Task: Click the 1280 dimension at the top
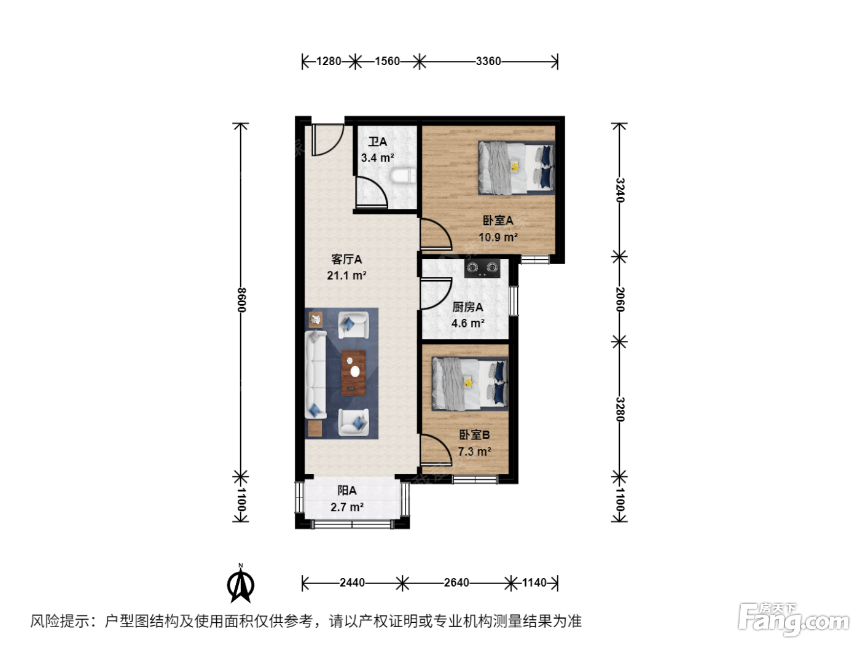pos(328,61)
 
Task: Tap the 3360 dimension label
pos(488,61)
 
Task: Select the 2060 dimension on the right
pos(619,300)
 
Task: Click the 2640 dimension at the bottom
pos(456,583)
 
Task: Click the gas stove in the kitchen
pos(482,268)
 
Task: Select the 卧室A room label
pos(498,221)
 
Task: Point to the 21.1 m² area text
pos(346,275)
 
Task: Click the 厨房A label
pos(468,307)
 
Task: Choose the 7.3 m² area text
pos(474,451)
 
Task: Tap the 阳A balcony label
pos(347,490)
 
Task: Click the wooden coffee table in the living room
pos(353,373)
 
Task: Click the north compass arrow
pos(241,584)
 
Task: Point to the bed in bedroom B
pos(470,383)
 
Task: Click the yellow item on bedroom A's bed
pos(514,166)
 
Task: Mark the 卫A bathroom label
pos(377,141)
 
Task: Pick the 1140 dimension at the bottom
pos(534,583)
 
